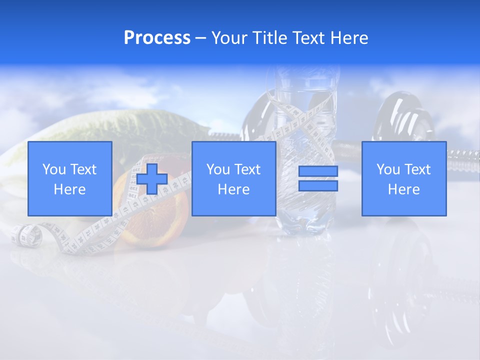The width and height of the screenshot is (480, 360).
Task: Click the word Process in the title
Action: [157, 38]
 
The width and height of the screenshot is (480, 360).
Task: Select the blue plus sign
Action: [152, 179]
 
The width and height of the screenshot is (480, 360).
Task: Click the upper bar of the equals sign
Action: [318, 171]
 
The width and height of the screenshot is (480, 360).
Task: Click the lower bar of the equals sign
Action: [318, 185]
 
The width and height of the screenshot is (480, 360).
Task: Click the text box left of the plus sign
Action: [69, 178]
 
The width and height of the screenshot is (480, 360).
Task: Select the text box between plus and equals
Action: [233, 178]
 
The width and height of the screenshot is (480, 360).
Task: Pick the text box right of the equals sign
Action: [403, 178]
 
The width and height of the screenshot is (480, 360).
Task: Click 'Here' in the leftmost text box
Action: [69, 189]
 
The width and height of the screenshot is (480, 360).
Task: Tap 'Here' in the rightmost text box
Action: [403, 189]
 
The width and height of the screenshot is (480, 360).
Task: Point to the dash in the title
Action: [200, 38]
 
